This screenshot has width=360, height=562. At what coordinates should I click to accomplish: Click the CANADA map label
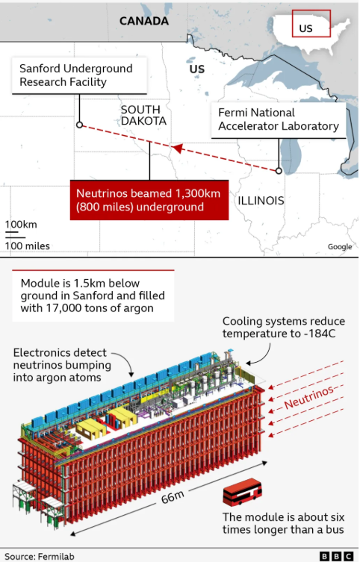coord(144,21)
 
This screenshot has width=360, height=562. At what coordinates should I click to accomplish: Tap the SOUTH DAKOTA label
coord(143,115)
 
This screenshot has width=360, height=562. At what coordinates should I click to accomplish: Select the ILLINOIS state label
coord(261,200)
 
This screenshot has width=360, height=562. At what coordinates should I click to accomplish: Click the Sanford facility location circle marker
coord(80,125)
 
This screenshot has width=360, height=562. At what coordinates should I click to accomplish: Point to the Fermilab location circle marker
coord(279,171)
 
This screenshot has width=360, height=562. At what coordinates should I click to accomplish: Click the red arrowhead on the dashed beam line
coord(177,148)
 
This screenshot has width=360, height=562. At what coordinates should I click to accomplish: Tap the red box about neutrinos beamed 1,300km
coord(149,200)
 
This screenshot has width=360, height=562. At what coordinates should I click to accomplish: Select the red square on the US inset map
coord(311,23)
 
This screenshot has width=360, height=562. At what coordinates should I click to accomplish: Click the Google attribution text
coord(340,246)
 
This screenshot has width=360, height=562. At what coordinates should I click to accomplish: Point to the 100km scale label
coord(21,225)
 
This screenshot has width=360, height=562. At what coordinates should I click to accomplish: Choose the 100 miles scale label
coord(27,246)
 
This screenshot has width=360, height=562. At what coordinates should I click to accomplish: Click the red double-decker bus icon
coord(243,491)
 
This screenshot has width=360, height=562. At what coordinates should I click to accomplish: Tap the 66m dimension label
coord(173,497)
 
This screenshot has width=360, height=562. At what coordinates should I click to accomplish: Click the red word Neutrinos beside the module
coord(309,397)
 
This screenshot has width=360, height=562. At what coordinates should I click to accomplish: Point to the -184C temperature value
coord(320,334)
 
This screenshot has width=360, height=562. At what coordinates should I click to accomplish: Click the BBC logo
coord(336,556)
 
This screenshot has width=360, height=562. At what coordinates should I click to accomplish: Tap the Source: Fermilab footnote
coord(40,556)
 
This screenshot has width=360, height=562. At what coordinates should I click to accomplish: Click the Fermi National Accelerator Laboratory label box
coord(279,120)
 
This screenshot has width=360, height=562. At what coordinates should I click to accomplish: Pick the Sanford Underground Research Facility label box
coord(79,75)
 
